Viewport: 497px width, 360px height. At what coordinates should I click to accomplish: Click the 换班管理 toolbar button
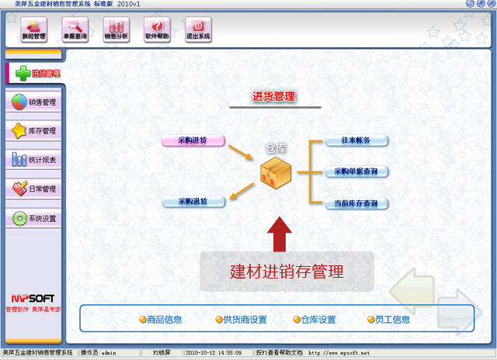click(x=33, y=30)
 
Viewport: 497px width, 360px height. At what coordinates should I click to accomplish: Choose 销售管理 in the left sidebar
click(x=34, y=102)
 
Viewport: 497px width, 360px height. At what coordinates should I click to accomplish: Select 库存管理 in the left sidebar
click(x=34, y=131)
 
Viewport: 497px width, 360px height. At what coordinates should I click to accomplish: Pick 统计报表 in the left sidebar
click(x=34, y=161)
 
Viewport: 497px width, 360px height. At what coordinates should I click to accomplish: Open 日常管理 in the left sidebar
click(x=34, y=189)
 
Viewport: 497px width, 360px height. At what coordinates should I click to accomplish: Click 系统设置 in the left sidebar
click(x=34, y=219)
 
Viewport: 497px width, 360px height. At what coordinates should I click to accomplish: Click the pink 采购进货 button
click(x=193, y=140)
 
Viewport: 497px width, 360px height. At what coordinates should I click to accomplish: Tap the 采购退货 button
click(x=193, y=202)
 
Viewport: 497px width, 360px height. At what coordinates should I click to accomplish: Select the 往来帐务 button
click(x=356, y=140)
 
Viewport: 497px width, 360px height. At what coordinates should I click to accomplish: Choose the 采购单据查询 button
click(x=356, y=171)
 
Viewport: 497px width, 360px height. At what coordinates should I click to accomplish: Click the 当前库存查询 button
click(x=356, y=203)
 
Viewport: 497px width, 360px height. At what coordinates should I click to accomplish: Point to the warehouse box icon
click(x=276, y=173)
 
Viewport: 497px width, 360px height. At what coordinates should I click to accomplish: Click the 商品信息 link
click(x=161, y=320)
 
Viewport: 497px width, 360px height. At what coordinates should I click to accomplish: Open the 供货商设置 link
click(x=240, y=320)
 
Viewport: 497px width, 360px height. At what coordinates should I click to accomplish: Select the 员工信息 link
click(x=390, y=320)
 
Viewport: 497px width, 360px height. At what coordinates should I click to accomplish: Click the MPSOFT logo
click(x=33, y=298)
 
